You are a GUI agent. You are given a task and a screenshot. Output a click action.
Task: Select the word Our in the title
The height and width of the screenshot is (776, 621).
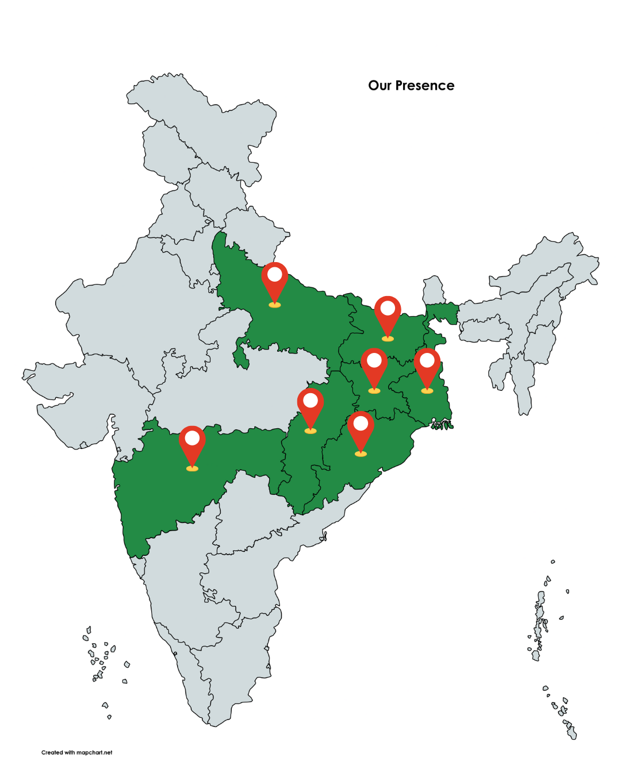pyautogui.click(x=379, y=86)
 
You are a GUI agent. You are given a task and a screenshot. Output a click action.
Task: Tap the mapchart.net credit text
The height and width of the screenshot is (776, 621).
pyautogui.click(x=77, y=752)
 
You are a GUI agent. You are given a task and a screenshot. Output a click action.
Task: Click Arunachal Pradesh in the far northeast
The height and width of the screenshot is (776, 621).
pyautogui.click(x=552, y=259)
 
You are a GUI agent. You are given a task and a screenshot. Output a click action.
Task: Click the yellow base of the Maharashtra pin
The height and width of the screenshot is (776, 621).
pyautogui.click(x=192, y=468)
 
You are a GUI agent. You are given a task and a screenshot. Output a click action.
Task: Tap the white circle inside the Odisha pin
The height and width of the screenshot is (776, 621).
pyautogui.click(x=361, y=424)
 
